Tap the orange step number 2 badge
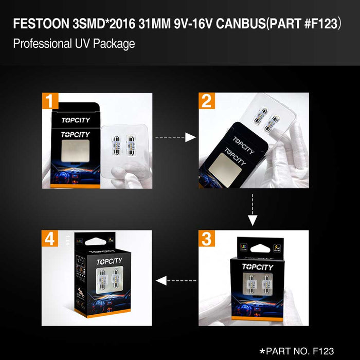pyautogui.click(x=207, y=101)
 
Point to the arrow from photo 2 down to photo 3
pyautogui.click(x=252, y=209)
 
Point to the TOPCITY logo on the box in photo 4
pyautogui.click(x=110, y=262)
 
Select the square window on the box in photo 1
pyautogui.click(x=76, y=153)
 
